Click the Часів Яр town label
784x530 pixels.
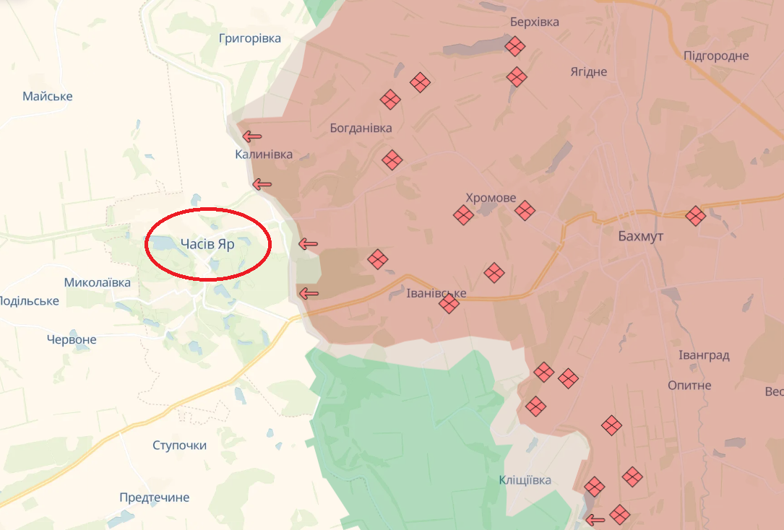click(x=207, y=244)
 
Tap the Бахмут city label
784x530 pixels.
click(x=640, y=236)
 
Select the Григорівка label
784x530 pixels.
click(x=250, y=38)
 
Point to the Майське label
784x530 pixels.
click(x=48, y=96)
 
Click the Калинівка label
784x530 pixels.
click(x=264, y=155)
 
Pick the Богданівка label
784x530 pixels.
click(x=361, y=128)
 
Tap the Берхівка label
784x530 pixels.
click(x=535, y=22)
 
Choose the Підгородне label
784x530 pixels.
click(x=716, y=56)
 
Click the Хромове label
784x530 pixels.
click(x=491, y=198)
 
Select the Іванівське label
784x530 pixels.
click(x=436, y=293)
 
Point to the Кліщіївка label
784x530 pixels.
click(x=525, y=480)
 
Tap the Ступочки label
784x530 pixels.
click(x=179, y=445)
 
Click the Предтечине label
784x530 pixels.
click(x=155, y=498)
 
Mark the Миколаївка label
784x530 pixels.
click(x=98, y=282)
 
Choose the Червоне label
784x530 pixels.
click(x=72, y=339)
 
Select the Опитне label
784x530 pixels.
click(x=689, y=385)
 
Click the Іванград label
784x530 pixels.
click(x=704, y=355)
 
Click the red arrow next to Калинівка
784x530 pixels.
click(x=252, y=136)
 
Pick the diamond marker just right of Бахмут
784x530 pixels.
click(x=695, y=216)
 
